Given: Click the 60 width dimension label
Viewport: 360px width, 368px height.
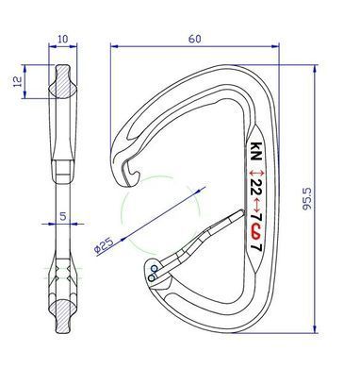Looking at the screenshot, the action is (x=194, y=39).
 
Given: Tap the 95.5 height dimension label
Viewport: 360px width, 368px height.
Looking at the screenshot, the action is (x=306, y=198).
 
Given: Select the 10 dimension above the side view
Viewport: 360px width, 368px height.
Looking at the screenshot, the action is (x=63, y=39).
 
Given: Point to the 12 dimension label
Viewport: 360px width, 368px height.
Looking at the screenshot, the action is (x=18, y=81).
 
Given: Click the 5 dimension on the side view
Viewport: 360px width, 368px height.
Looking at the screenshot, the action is (x=63, y=216).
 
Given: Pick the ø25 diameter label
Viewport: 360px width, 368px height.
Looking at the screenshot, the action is (x=104, y=244).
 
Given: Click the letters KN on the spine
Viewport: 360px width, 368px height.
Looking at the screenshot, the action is (x=255, y=151).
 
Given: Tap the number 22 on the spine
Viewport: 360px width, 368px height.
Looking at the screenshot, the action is (x=257, y=189).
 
